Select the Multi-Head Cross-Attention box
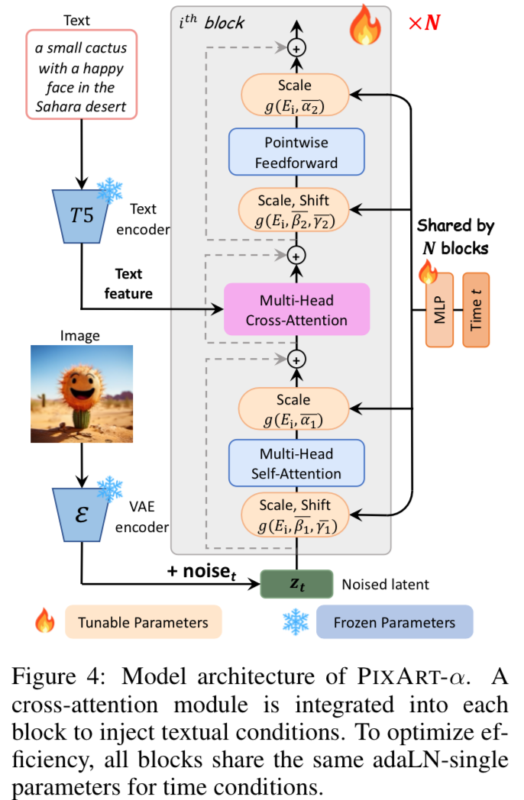point(296,310)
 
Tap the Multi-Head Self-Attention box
point(296,463)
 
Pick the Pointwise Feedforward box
point(296,152)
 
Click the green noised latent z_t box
point(296,584)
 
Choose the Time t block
point(475,309)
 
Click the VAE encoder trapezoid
point(82,512)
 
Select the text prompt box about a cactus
point(82,75)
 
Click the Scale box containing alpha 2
point(296,97)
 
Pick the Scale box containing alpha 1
point(296,410)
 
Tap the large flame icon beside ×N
point(365,26)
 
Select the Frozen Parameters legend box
point(394,622)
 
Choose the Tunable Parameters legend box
point(143,622)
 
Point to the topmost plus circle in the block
point(296,47)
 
